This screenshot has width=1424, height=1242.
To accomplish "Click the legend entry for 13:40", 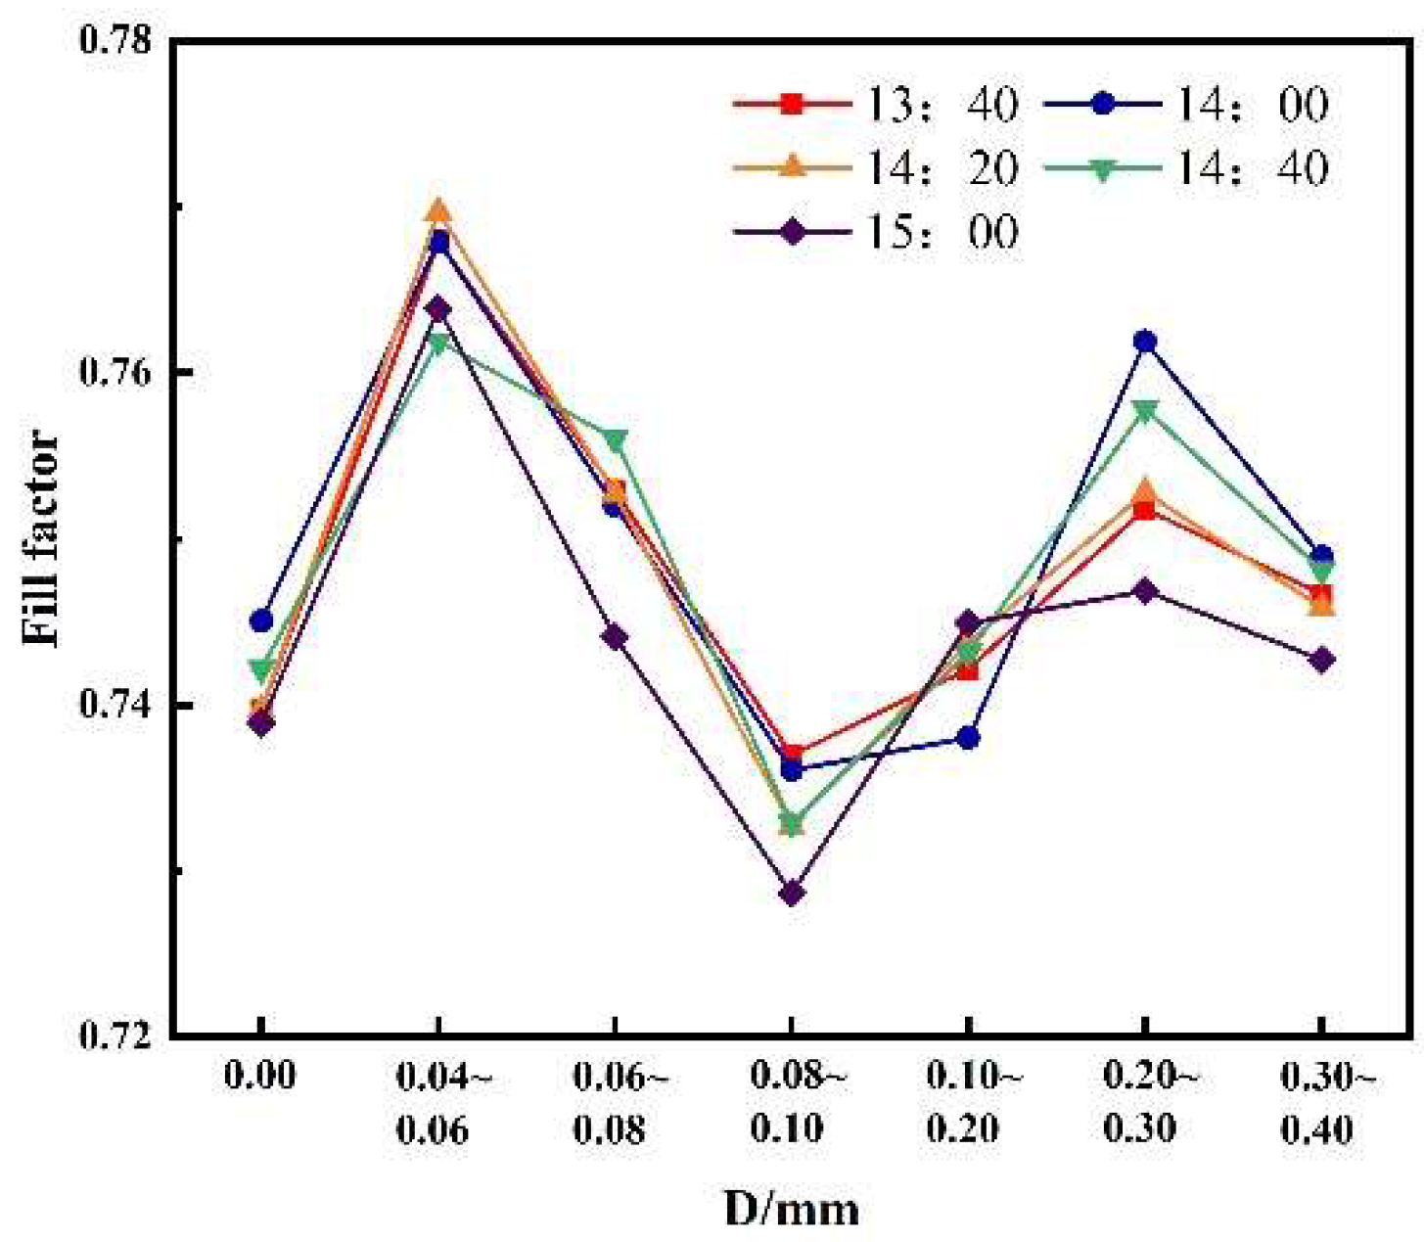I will (x=876, y=104).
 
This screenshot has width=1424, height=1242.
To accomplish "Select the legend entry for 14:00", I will (x=1184, y=104).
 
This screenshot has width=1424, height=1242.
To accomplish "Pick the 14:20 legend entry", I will (x=876, y=167).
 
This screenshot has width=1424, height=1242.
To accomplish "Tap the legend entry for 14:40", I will (x=1184, y=167).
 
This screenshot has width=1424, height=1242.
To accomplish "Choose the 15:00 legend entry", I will (x=876, y=232).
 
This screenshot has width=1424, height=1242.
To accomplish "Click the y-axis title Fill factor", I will (x=40, y=537).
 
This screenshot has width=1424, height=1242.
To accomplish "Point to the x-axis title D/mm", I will (x=791, y=1209).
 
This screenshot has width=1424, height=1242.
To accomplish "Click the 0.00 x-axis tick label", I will (x=260, y=1077).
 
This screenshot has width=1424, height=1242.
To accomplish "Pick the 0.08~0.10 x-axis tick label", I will (x=792, y=1103).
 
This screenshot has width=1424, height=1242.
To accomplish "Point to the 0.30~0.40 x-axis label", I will (x=1321, y=1103).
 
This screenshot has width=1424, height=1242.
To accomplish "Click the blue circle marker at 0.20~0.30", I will (x=1144, y=342).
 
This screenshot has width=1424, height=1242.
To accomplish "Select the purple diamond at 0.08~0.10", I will (x=792, y=893).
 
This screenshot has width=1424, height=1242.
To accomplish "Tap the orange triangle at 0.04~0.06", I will (x=438, y=210).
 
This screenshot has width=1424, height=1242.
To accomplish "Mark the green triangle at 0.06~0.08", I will (x=615, y=440).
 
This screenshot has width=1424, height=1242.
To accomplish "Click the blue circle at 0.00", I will (x=261, y=621).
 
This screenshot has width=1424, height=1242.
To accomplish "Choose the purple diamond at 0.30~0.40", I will (x=1321, y=660).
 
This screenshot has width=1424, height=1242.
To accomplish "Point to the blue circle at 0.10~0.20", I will (x=968, y=737).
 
